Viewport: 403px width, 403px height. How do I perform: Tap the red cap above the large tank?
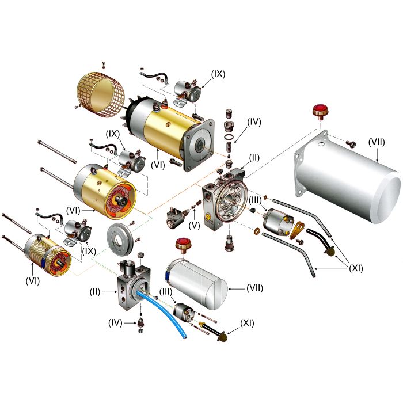(318, 111)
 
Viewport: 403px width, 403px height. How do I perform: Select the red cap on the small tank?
(185, 243)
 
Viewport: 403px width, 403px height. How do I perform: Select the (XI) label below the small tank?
(247, 322)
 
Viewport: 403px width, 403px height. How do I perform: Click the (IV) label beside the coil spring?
(254, 121)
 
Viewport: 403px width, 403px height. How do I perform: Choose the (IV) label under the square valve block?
(116, 322)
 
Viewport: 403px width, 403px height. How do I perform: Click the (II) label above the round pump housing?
(254, 157)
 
